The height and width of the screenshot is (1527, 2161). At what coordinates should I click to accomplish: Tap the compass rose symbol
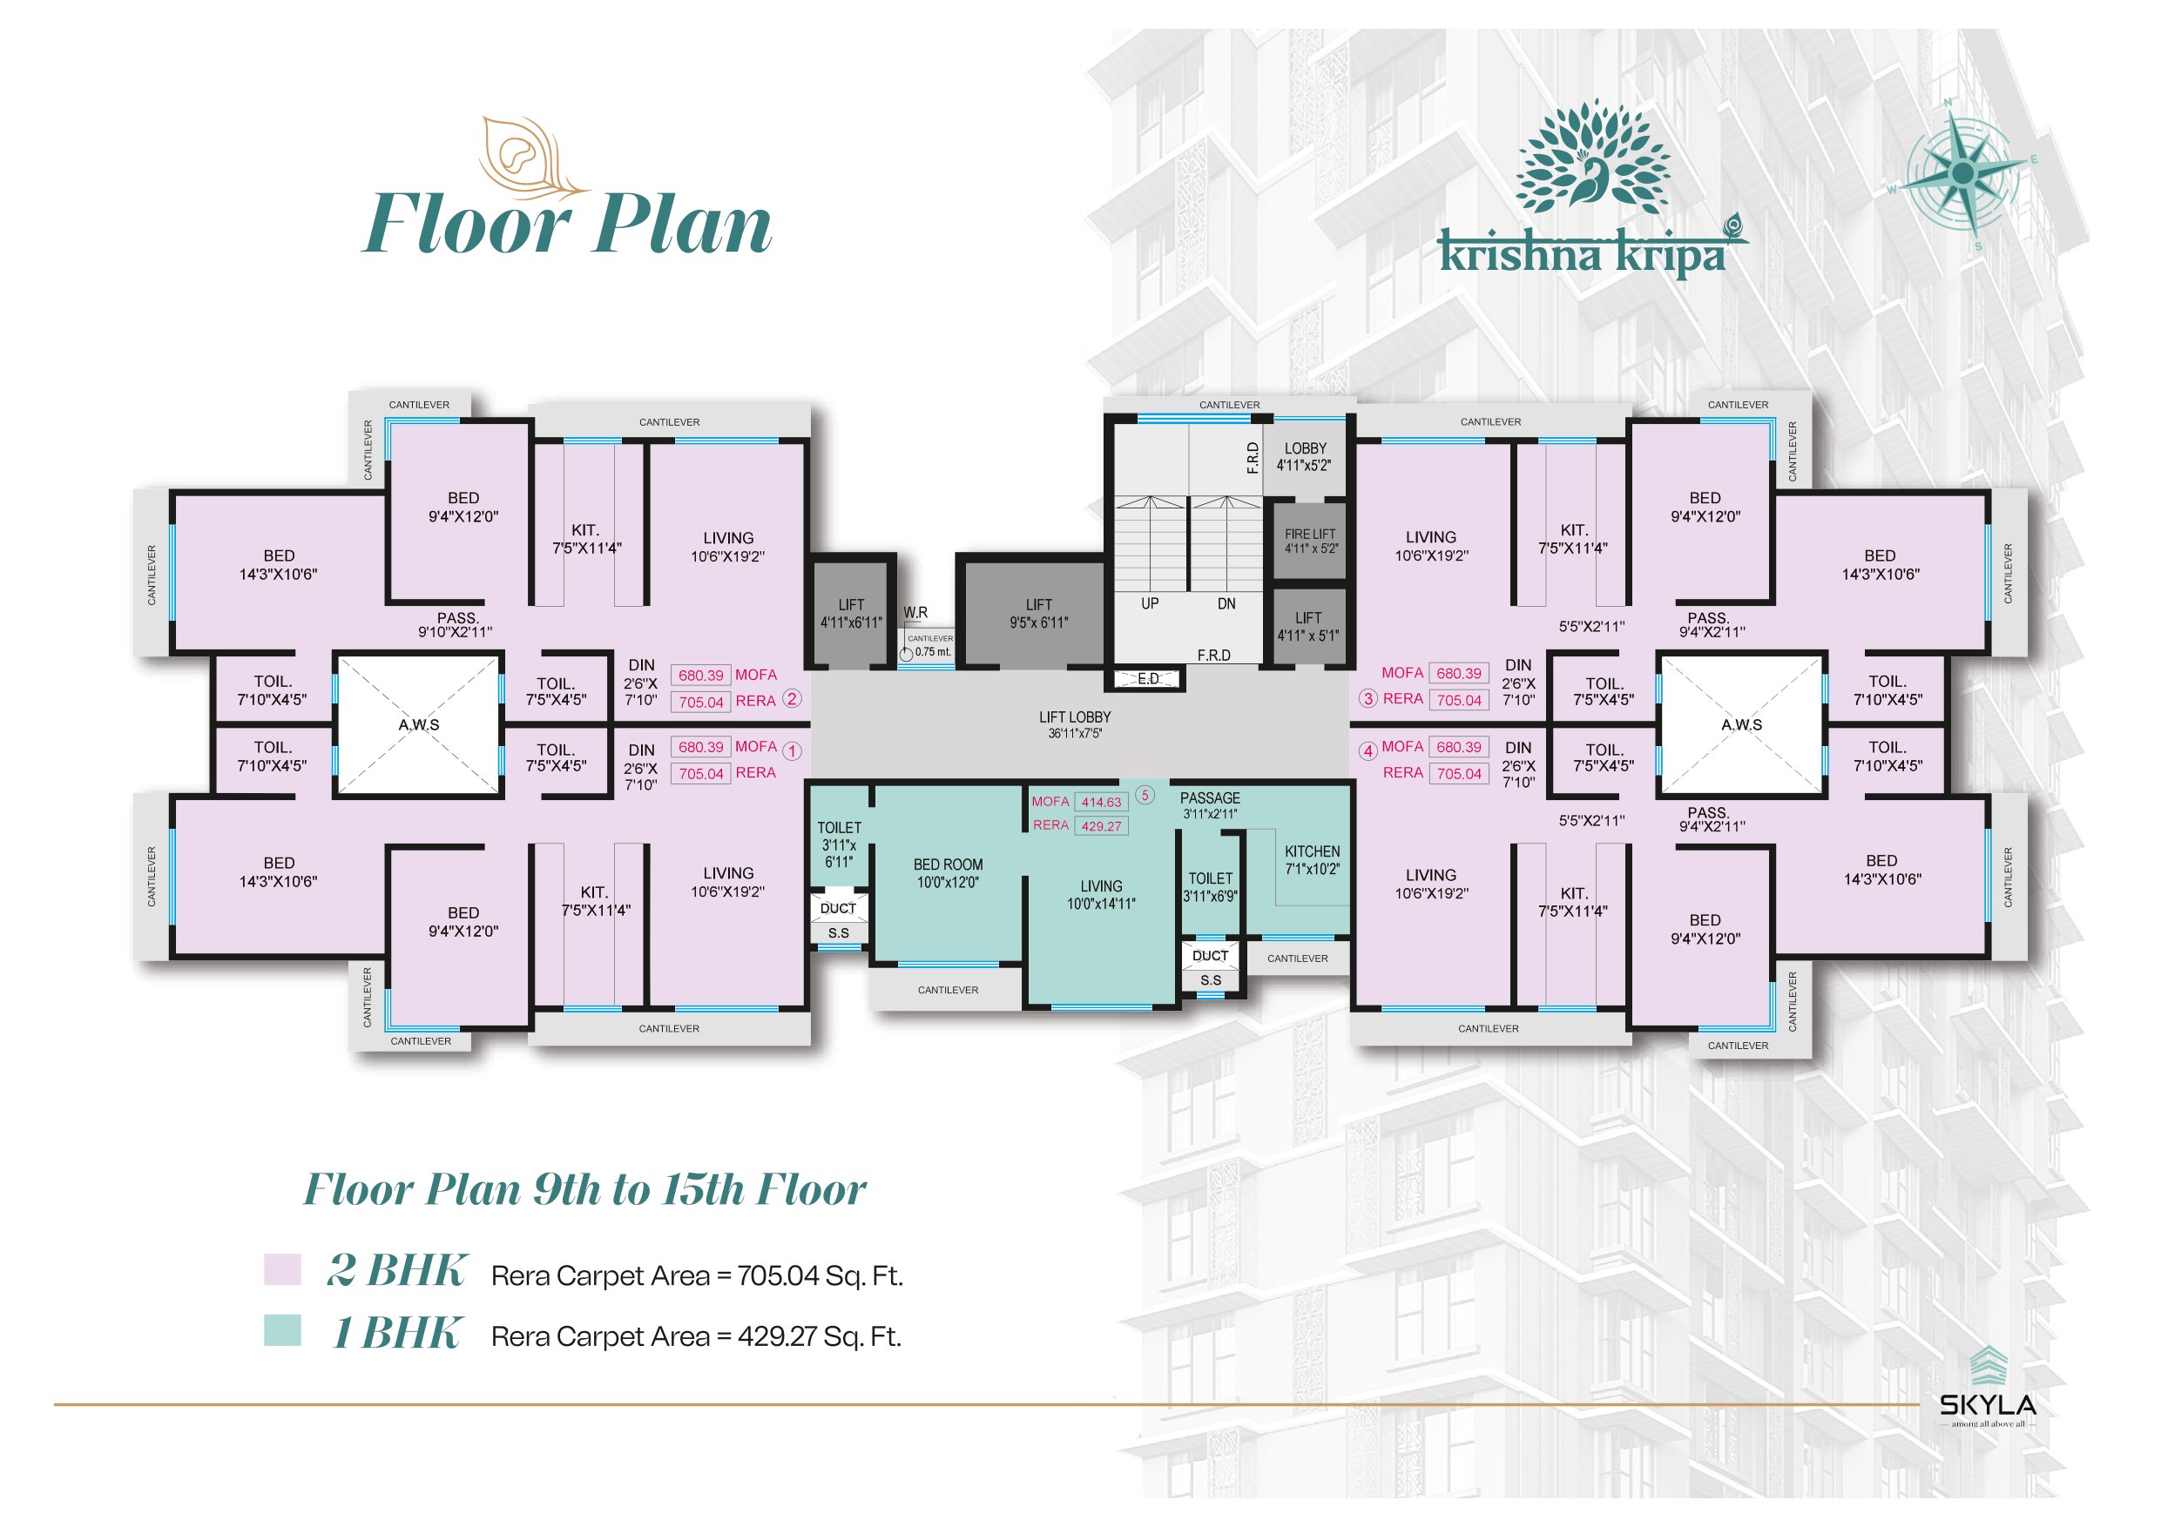click(x=1963, y=174)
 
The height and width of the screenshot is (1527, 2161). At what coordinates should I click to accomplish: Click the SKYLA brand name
click(x=1988, y=1406)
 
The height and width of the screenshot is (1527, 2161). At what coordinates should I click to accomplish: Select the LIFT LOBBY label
click(x=1075, y=724)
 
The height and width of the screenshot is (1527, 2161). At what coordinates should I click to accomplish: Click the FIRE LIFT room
click(x=1310, y=541)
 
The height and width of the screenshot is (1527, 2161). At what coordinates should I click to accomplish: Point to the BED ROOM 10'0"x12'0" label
click(x=948, y=873)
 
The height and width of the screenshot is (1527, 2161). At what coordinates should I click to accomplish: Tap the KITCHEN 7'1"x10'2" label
click(x=1312, y=860)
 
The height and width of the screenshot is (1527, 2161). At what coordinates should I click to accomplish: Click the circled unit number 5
click(x=1145, y=795)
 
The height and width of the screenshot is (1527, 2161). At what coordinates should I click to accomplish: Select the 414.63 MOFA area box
click(x=1101, y=803)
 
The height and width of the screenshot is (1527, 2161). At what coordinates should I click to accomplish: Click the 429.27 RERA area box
click(x=1101, y=826)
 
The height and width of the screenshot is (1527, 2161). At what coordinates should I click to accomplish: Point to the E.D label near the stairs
click(x=1148, y=678)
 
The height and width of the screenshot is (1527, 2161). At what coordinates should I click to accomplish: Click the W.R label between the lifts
click(x=915, y=613)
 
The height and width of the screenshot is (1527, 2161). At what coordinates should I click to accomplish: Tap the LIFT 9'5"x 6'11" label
click(x=1039, y=614)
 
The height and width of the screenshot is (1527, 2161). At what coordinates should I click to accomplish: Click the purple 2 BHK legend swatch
click(x=282, y=1268)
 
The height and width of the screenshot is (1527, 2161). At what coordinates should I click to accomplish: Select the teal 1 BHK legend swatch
click(x=282, y=1329)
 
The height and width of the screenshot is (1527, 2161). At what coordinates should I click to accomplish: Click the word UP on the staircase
click(x=1150, y=603)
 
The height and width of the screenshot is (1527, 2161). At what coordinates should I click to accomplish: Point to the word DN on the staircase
click(x=1226, y=603)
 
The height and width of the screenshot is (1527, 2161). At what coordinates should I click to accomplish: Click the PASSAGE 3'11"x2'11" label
click(x=1211, y=805)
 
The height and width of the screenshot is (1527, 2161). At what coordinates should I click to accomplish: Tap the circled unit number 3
click(x=1368, y=698)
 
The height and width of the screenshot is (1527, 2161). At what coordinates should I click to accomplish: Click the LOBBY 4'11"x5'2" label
click(x=1305, y=456)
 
